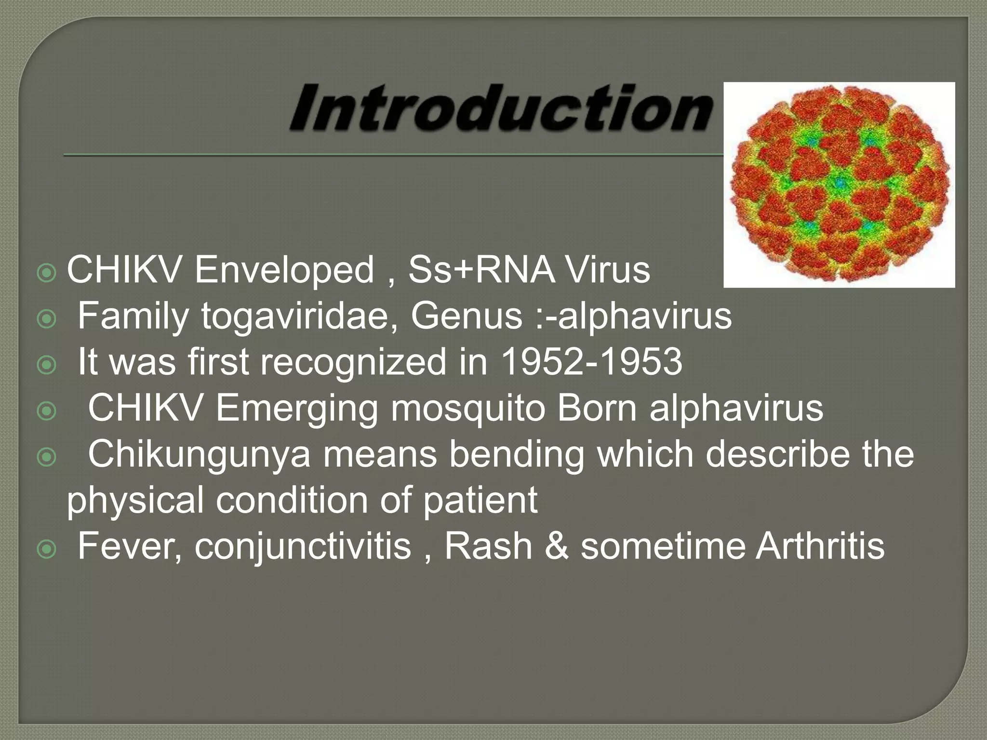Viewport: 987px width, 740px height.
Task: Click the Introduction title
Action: (501, 107)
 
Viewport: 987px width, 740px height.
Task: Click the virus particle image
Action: (840, 185)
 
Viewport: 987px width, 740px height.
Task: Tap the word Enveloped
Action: (284, 270)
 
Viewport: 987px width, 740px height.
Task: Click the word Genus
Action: (467, 316)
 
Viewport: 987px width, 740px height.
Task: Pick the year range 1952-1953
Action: (592, 362)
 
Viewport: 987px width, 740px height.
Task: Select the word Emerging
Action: (296, 409)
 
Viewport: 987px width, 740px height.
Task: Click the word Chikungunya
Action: (199, 455)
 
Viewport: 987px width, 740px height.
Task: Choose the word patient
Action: (480, 500)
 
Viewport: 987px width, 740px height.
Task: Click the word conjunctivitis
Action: (303, 546)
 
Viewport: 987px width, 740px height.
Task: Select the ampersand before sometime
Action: (557, 546)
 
